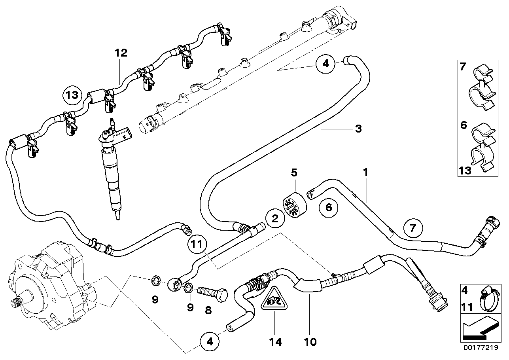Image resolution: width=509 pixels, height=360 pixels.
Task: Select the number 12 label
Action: click(121, 53)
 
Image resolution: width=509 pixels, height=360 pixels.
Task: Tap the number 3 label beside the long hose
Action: click(358, 129)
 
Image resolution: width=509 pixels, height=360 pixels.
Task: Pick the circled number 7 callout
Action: click(413, 229)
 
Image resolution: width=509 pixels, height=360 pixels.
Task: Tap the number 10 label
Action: click(311, 341)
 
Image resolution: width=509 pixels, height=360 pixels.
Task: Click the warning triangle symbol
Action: click(274, 300)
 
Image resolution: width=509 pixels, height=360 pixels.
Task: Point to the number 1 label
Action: click(366, 172)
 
